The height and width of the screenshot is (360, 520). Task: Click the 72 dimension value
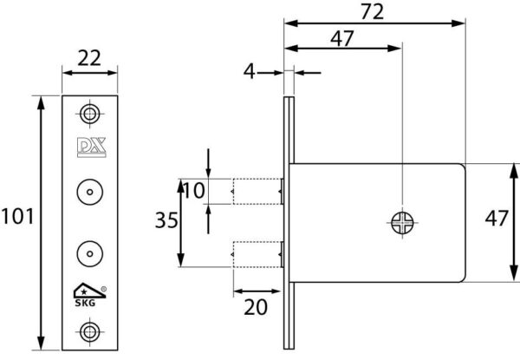372,11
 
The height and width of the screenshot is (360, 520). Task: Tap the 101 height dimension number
17,216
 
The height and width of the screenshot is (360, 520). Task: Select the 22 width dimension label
89,58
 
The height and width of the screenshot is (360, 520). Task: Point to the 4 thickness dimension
250,71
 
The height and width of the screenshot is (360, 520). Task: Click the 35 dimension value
166,220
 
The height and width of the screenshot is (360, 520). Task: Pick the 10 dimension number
193,191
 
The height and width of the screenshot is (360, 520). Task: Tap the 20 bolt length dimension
256,307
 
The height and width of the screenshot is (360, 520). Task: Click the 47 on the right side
497,219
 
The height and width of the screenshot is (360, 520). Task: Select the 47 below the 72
342,38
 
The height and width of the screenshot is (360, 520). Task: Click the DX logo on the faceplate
92,147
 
